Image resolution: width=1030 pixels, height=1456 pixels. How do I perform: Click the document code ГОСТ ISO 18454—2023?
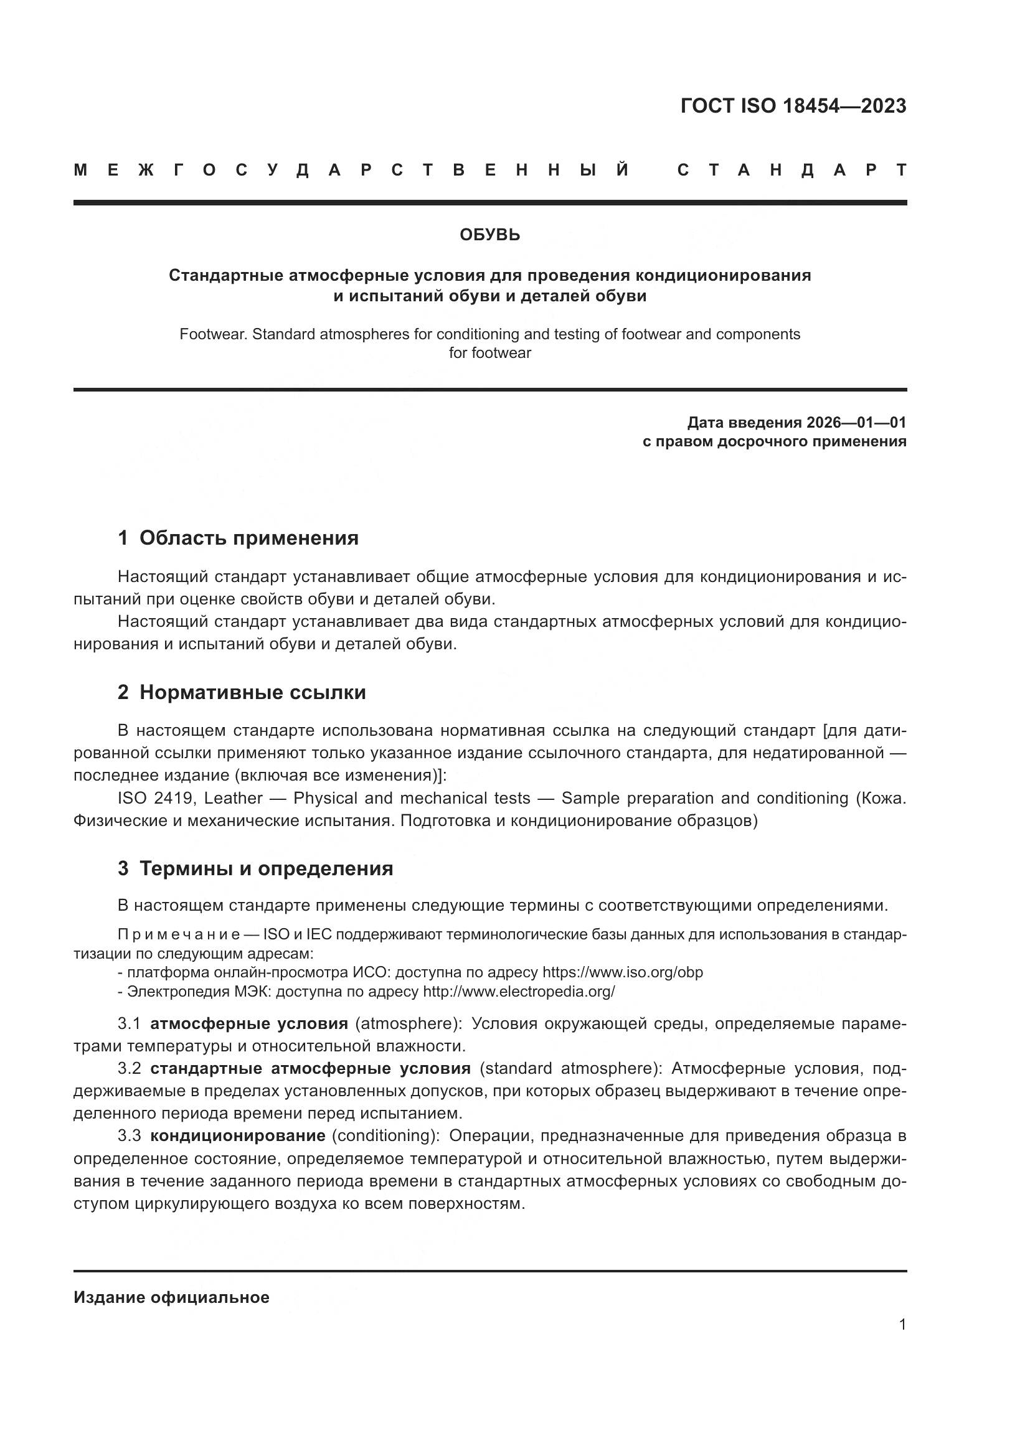793,106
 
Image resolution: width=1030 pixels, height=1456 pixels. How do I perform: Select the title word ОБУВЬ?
489,235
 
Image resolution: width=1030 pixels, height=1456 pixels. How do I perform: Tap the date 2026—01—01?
856,422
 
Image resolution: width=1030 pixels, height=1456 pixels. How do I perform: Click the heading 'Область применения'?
248,538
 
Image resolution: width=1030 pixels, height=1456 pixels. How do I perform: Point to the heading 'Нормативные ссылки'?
252,692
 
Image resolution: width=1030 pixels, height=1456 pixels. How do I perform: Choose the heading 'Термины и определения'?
267,868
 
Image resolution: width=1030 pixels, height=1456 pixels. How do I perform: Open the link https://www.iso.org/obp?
622,972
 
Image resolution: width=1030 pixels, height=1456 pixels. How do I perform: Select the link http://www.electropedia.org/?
519,991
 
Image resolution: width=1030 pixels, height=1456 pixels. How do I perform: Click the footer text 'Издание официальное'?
171,1297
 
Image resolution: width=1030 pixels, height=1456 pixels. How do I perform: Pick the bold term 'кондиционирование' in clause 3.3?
238,1135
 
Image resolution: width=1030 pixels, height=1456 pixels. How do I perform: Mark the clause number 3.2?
129,1069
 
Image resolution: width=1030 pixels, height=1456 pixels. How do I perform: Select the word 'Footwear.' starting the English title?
213,334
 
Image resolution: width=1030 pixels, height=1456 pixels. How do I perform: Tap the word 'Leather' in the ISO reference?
234,798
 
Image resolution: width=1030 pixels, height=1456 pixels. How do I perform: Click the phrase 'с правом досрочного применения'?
775,441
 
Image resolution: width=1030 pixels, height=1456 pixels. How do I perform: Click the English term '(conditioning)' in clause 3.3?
385,1135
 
